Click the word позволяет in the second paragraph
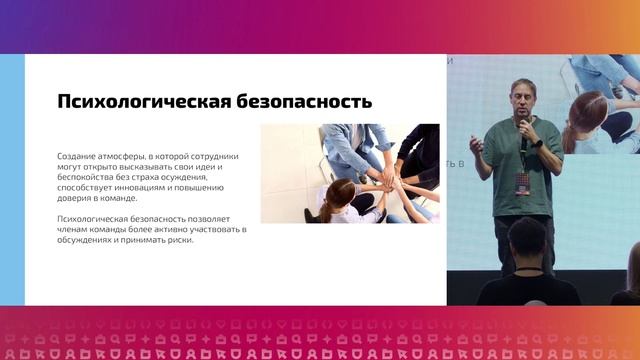209,218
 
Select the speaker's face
522,100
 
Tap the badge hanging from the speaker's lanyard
522,184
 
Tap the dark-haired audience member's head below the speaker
527,240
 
